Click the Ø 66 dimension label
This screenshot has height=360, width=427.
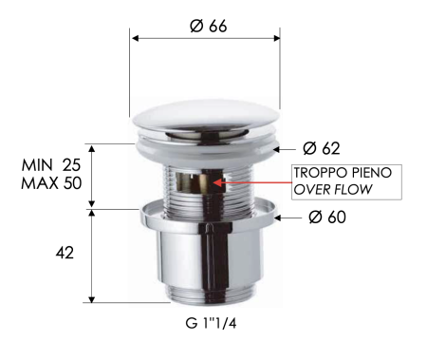208,27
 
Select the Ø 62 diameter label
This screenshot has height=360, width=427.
321,148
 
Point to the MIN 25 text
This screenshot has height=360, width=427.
51,165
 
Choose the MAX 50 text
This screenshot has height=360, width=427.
51,182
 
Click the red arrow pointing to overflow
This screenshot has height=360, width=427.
251,180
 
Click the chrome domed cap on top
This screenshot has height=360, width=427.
206,121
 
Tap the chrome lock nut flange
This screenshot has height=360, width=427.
206,214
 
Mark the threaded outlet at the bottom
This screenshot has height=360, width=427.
206,293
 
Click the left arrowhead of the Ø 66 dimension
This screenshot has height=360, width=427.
135,39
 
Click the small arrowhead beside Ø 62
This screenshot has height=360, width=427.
278,148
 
